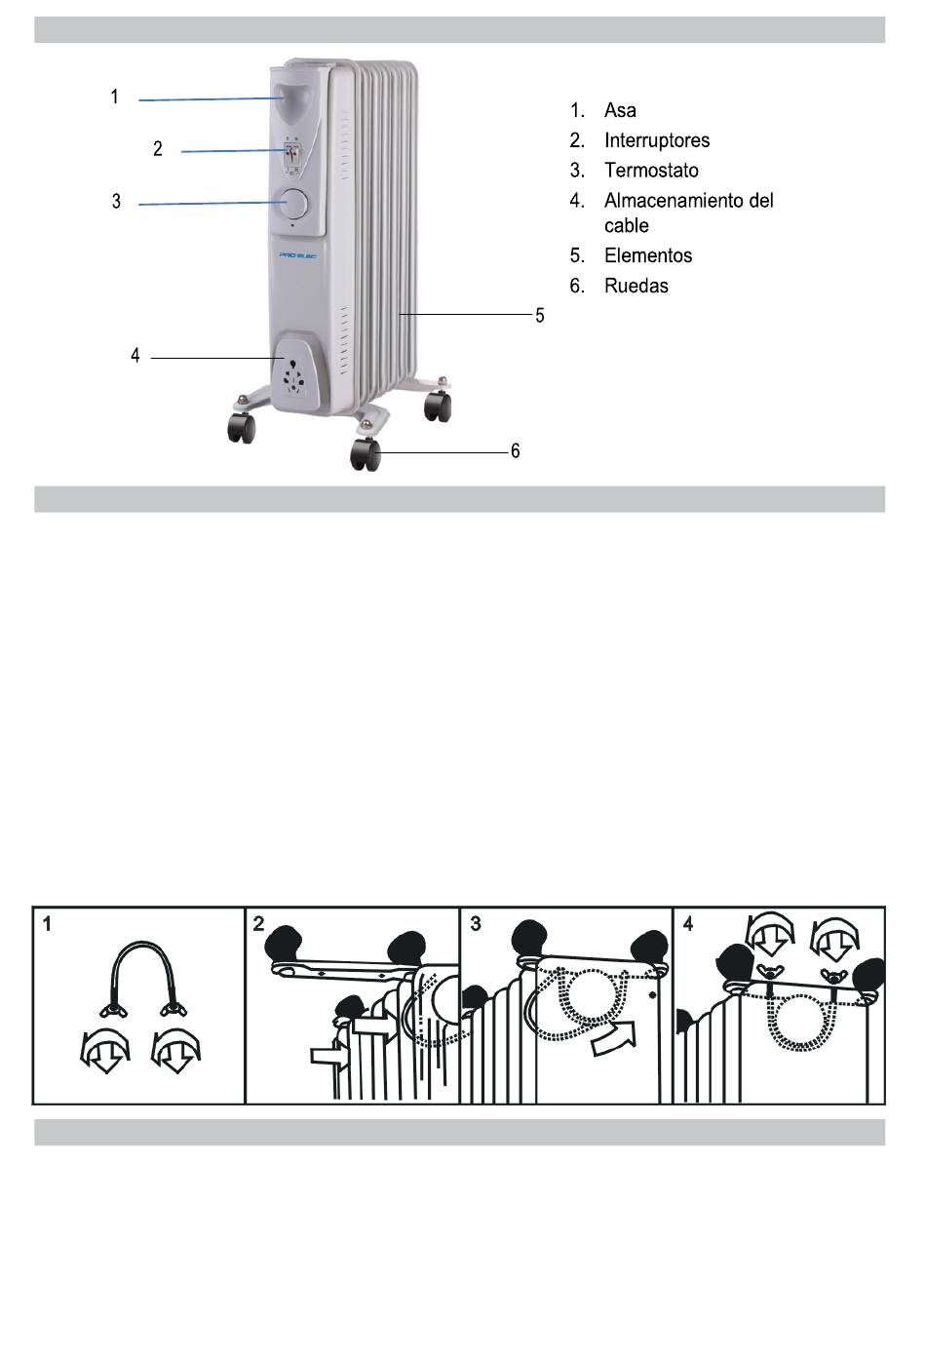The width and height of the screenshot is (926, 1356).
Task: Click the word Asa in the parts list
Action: click(620, 110)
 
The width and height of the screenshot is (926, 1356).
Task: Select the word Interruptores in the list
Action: click(656, 140)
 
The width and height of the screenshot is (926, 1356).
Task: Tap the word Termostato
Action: click(651, 171)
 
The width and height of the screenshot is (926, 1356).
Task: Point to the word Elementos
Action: click(648, 255)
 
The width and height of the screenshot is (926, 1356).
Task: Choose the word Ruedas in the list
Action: click(637, 286)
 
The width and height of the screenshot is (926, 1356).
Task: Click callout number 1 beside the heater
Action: click(115, 97)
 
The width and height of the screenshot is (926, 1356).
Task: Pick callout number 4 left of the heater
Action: click(135, 356)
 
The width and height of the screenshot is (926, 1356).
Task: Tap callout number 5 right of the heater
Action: click(539, 316)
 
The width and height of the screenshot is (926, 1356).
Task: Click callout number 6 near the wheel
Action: click(516, 450)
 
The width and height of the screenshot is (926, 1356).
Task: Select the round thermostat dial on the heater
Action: click(292, 204)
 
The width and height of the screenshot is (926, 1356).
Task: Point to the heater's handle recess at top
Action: click(290, 98)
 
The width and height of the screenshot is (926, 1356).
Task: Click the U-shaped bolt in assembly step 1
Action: click(143, 976)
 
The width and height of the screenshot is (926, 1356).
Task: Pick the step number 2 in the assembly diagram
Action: click(258, 923)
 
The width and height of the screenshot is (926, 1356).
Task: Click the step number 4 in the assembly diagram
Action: click(689, 923)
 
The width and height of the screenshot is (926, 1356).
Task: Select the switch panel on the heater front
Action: click(291, 154)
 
